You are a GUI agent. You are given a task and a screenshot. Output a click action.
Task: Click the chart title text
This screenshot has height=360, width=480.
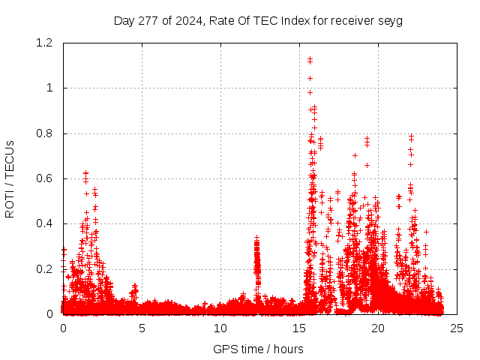tap(258, 21)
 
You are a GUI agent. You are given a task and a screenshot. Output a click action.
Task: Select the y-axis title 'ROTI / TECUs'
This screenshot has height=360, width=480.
tap(10, 178)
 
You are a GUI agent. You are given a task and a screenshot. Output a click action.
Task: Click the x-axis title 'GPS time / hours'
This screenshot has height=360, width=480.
tap(258, 349)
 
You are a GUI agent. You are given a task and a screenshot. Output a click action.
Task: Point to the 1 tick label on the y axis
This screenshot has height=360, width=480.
tap(51, 88)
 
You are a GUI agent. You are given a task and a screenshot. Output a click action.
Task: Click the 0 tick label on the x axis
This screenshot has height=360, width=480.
tap(63, 328)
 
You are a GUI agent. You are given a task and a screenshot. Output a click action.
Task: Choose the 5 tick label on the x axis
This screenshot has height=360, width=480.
tap(142, 328)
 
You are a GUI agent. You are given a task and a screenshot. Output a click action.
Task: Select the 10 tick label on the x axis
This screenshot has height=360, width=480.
tap(220, 328)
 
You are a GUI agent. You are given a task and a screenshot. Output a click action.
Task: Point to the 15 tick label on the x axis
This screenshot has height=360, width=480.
tap(299, 328)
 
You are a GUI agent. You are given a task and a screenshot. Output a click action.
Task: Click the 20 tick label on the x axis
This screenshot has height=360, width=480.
tap(378, 328)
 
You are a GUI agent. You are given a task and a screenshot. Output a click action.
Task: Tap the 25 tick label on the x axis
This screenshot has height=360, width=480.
tap(457, 328)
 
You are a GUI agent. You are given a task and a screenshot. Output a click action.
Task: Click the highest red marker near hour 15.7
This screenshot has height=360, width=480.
tap(310, 58)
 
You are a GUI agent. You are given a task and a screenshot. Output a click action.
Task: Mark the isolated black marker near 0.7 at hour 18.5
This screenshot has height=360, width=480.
tap(355, 155)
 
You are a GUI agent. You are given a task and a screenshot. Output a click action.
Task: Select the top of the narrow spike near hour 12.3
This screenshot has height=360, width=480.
tap(256, 238)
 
